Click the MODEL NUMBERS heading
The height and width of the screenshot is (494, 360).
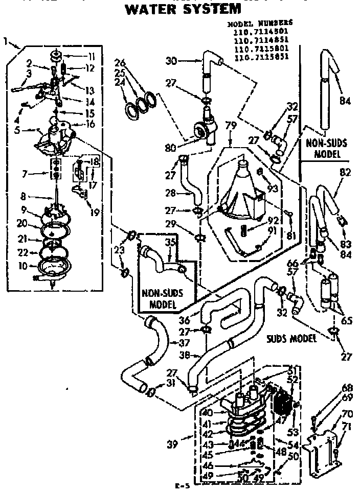pos(259,23)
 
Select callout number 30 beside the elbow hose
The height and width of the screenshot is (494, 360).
pos(173,60)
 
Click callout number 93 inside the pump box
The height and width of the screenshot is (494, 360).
pos(272,189)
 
